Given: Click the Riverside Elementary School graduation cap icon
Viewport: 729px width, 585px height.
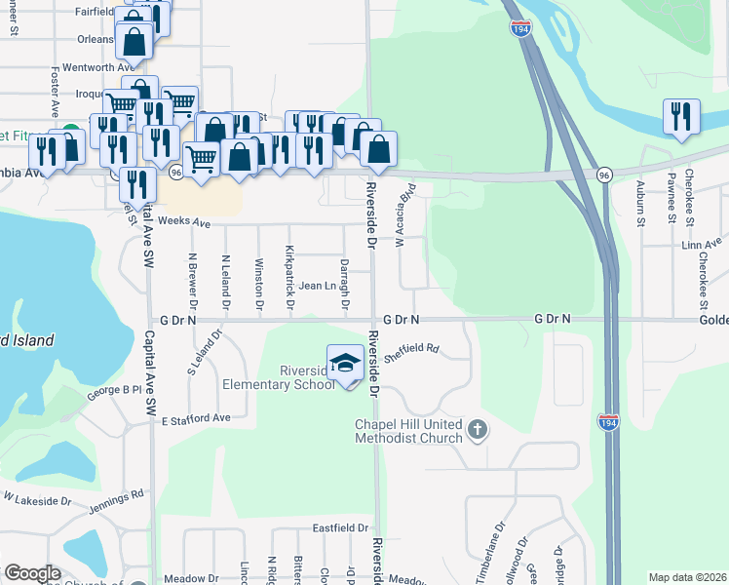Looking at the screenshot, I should click(344, 365).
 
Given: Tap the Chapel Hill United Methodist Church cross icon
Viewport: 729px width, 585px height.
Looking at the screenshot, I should click(477, 429).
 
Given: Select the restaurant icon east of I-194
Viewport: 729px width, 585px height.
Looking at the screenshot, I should click(681, 116).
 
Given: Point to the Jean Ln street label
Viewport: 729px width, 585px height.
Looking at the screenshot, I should click(316, 286).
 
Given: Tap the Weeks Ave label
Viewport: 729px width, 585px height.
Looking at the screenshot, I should click(184, 223).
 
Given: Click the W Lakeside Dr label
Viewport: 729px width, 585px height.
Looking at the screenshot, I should click(36, 500).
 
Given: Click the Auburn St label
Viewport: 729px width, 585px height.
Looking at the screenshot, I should click(641, 206).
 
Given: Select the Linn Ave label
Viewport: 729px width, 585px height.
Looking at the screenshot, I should click(702, 242).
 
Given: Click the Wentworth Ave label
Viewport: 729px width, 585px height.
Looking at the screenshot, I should click(89, 68).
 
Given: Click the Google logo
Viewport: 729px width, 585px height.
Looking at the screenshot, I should click(32, 573).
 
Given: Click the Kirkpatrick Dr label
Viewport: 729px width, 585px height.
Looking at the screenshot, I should click(289, 280).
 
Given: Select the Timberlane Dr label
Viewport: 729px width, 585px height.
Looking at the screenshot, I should click(490, 556).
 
